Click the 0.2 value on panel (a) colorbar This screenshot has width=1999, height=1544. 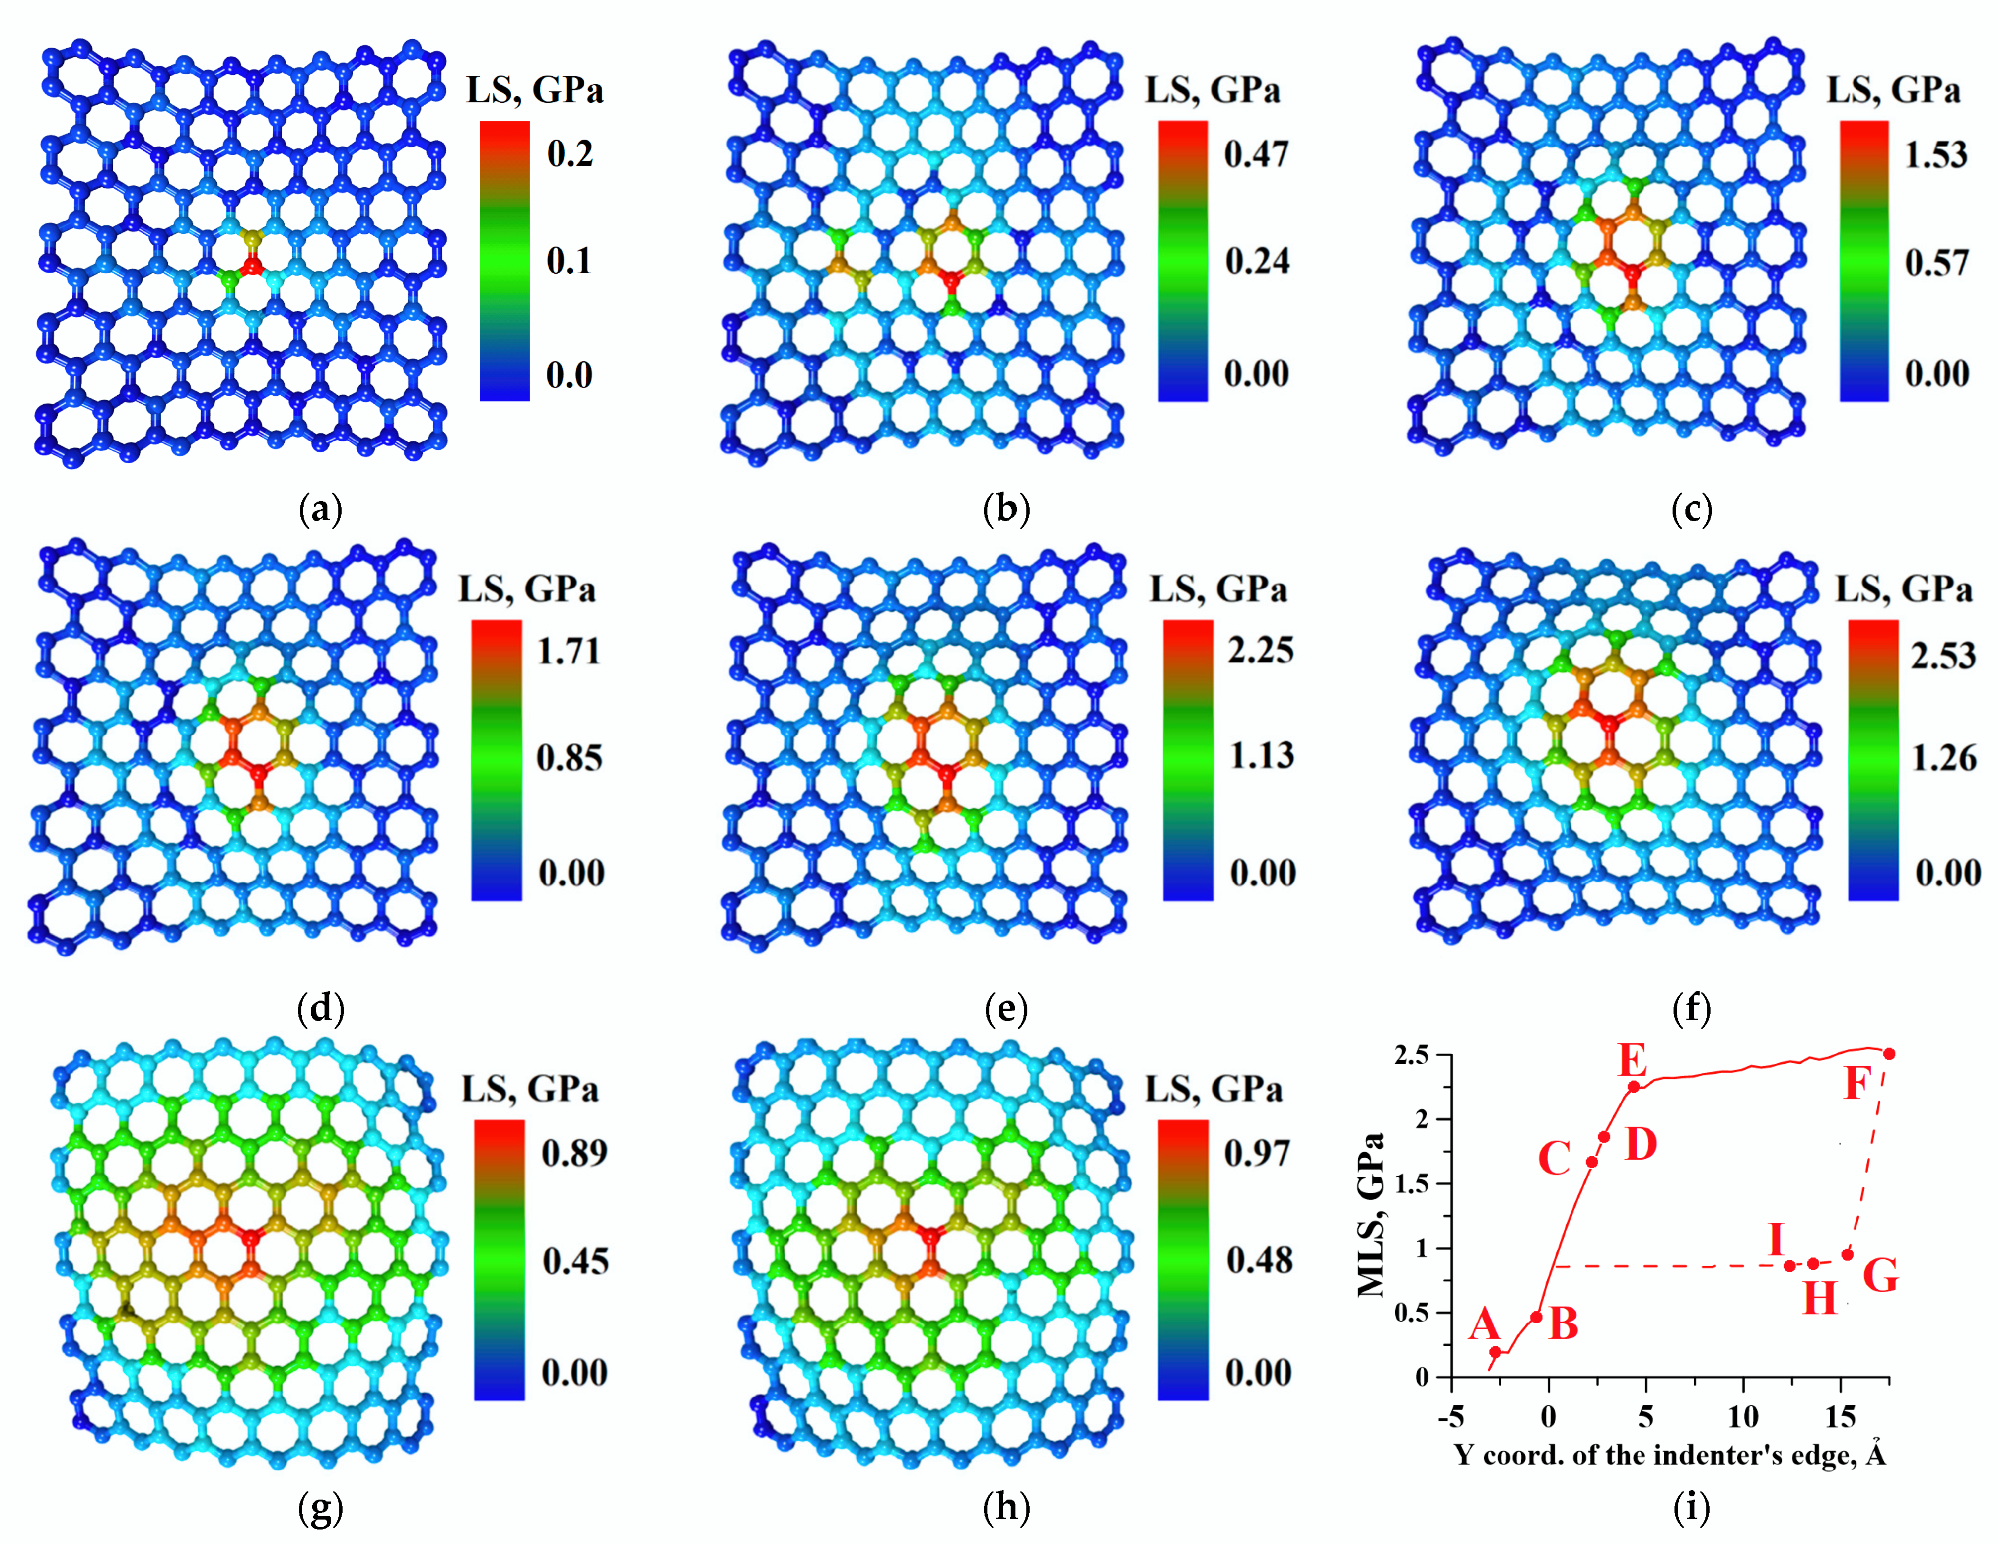[x=570, y=154]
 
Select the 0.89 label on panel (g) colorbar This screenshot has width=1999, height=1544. [x=574, y=1152]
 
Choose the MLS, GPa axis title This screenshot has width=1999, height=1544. [x=1371, y=1215]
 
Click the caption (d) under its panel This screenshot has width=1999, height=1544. [x=320, y=1010]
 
